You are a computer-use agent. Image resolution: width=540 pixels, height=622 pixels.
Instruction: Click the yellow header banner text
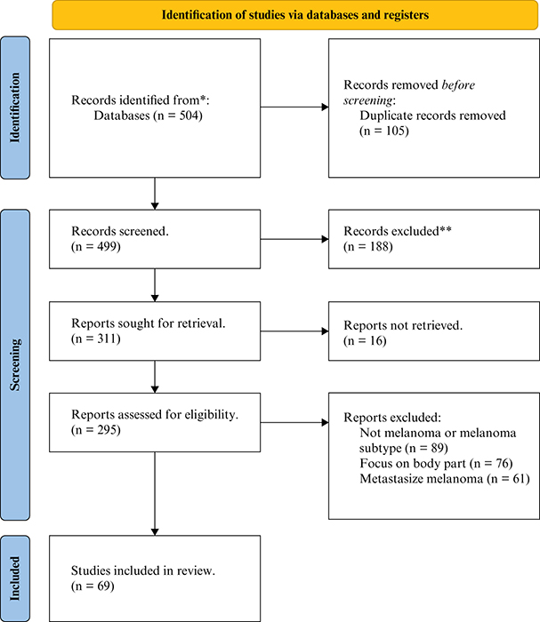click(295, 15)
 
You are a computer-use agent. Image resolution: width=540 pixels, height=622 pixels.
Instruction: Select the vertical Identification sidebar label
click(15, 108)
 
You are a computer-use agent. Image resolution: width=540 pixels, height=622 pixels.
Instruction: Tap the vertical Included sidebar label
click(15, 578)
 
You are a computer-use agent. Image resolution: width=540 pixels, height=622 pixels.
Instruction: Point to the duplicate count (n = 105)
click(384, 131)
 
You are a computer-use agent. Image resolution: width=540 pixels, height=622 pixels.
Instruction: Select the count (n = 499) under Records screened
click(96, 246)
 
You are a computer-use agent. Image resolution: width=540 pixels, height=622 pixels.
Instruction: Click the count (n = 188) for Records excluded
click(368, 246)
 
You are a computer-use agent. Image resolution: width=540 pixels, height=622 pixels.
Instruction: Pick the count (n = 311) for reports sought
click(96, 339)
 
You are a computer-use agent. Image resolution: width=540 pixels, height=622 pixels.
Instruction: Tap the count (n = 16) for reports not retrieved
click(365, 340)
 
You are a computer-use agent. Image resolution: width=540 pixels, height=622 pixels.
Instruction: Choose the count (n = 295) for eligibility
click(96, 429)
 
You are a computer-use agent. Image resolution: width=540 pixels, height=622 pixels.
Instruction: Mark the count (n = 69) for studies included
click(93, 586)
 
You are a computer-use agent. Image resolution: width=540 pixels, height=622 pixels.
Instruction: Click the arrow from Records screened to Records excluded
click(294, 239)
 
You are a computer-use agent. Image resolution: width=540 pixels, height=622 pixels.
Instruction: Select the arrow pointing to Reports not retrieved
click(294, 331)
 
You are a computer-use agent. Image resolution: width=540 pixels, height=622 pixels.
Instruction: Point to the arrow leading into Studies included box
click(155, 494)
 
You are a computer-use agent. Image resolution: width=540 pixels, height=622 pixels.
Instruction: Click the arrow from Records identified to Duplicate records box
click(294, 108)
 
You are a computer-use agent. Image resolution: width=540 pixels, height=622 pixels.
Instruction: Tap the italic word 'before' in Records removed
click(458, 85)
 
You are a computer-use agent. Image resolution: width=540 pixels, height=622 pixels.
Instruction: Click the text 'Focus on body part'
click(413, 463)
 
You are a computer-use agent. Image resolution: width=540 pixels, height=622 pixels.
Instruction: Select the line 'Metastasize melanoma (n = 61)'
click(445, 479)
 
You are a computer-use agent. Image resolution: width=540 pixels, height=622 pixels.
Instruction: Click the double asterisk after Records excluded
click(446, 229)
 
